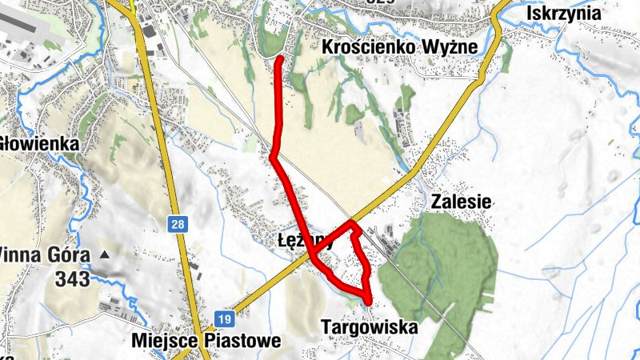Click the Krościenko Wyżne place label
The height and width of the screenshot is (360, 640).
point(399,48)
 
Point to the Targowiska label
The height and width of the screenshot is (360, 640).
point(369,327)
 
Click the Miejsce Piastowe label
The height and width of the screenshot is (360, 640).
point(206,342)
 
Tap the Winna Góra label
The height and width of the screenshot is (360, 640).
point(43,255)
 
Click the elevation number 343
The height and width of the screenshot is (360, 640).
point(73,279)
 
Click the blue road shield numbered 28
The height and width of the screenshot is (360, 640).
point(178,225)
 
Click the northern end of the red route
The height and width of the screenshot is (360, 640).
point(279,59)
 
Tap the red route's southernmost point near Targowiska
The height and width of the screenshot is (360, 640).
point(368,302)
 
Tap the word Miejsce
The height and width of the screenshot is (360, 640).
point(162,342)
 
